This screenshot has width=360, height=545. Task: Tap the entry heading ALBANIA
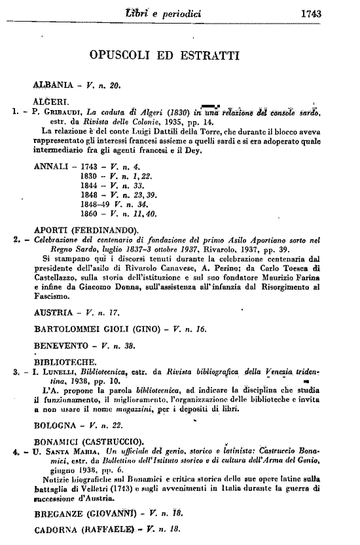tap(52, 85)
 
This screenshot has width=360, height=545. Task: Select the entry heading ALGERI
tap(48, 102)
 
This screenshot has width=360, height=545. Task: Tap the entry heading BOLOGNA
tap(54, 424)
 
